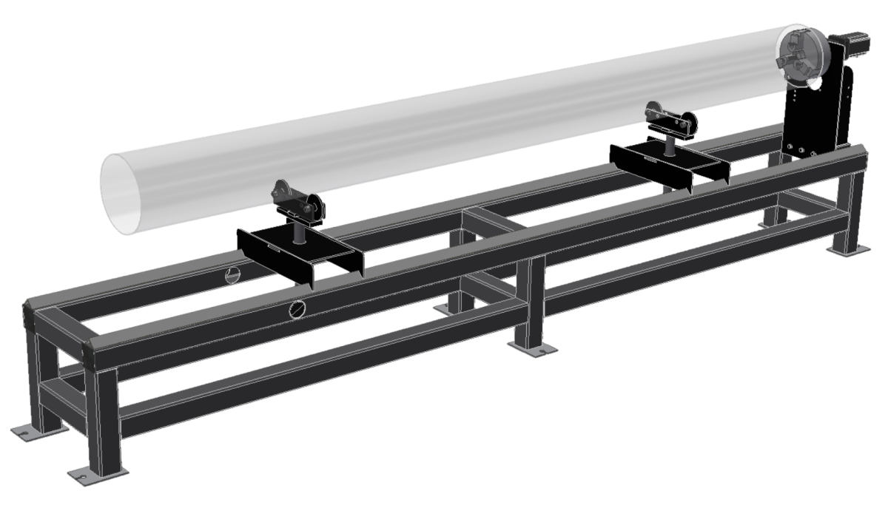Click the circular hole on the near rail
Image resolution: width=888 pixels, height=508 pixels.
[297, 309]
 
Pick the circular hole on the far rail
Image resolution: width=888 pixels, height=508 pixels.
[233, 275]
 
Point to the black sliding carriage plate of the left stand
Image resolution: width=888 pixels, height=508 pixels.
[296, 251]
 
